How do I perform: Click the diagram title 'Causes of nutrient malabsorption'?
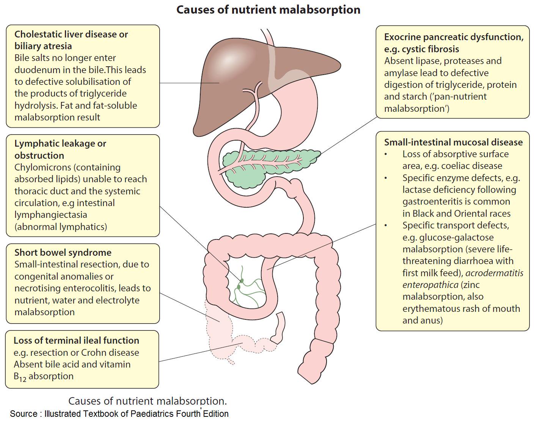point(268,9)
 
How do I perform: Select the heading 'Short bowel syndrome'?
point(63,252)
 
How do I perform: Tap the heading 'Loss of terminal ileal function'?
point(76,340)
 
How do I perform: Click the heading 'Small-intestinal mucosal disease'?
point(453,142)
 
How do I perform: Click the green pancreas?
point(265,167)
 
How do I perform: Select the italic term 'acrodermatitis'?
point(494,273)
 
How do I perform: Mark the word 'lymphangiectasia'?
point(51,214)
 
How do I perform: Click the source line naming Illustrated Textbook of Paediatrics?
point(119,413)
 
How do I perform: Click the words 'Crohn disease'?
point(110,352)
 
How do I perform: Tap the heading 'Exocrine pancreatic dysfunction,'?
point(454,37)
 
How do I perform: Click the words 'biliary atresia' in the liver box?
point(43,46)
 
